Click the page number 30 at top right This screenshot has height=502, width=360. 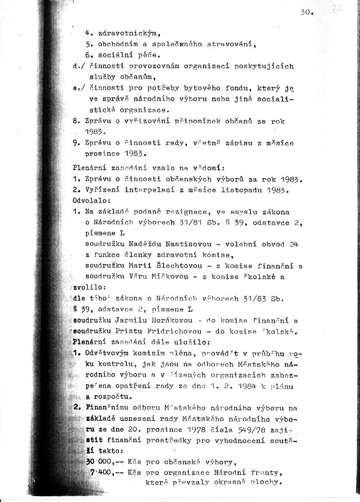[x=306, y=12]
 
